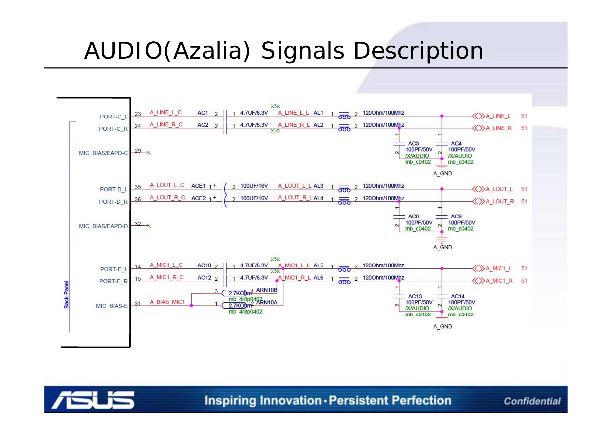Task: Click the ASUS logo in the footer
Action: pyautogui.click(x=93, y=400)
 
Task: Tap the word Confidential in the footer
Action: pyautogui.click(x=532, y=401)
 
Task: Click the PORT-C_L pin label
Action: pyautogui.click(x=114, y=117)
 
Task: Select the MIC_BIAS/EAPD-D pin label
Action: pyautogui.click(x=103, y=226)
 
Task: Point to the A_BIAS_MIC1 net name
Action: pyautogui.click(x=167, y=302)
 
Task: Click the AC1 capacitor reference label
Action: pyautogui.click(x=203, y=113)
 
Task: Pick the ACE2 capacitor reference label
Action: pyautogui.click(x=199, y=198)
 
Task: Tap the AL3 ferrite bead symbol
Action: pyautogui.click(x=344, y=188)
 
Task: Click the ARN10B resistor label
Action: pyautogui.click(x=267, y=290)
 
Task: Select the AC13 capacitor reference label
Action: pyautogui.click(x=415, y=296)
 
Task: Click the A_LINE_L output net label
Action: pyautogui.click(x=498, y=116)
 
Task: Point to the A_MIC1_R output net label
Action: pyautogui.click(x=499, y=281)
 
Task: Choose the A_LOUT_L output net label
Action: pyautogui.click(x=499, y=189)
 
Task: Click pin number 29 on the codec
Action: pyautogui.click(x=138, y=151)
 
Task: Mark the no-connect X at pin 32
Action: pyautogui.click(x=149, y=226)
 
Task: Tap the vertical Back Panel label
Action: pyautogui.click(x=66, y=295)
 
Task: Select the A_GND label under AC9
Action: pyautogui.click(x=442, y=247)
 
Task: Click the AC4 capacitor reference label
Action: pyautogui.click(x=456, y=143)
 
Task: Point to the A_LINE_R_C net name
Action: pyautogui.click(x=166, y=125)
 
